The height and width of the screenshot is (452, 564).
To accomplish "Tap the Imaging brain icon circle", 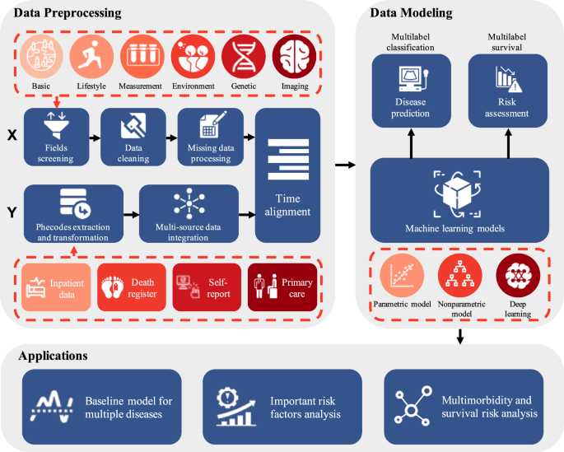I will point(295,56).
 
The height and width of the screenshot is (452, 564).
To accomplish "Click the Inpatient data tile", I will point(55,287).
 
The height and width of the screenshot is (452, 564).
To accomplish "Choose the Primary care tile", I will point(282,287).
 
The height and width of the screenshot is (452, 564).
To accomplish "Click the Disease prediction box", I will point(411,91).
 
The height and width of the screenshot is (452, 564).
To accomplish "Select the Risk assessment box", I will point(506,91).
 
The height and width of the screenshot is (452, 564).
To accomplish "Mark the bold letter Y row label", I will point(12,214).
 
